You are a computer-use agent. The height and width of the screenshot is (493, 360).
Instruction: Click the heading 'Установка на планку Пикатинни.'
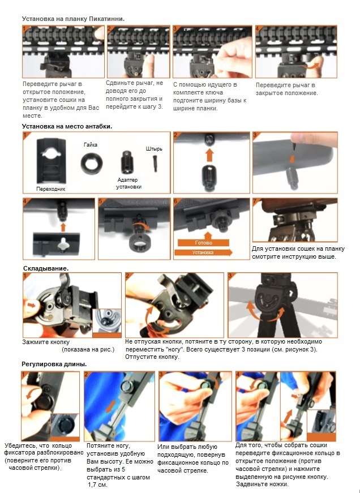[73, 19]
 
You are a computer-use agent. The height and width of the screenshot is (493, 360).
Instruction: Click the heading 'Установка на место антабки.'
[67, 126]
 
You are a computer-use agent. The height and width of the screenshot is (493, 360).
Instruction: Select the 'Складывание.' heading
[46, 268]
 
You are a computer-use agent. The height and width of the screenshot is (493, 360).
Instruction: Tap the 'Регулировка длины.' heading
[54, 365]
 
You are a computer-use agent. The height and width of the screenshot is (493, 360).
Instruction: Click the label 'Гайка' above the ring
[90, 145]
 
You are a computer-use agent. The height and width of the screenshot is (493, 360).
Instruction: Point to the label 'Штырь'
[154, 149]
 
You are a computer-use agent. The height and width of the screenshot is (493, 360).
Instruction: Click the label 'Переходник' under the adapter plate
[50, 189]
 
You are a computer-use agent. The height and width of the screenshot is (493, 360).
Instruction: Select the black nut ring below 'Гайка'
[92, 164]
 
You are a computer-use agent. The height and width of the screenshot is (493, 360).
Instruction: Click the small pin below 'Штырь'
[155, 164]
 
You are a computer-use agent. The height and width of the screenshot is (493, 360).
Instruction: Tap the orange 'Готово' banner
[203, 243]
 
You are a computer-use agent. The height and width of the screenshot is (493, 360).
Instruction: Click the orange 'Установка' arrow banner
[203, 252]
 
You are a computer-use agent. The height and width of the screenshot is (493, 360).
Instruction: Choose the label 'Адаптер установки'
[128, 183]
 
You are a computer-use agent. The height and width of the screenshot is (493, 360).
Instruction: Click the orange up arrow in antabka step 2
[209, 155]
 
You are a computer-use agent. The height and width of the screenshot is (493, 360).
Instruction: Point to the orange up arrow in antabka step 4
[63, 227]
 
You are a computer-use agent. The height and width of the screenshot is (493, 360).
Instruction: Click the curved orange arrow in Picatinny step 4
[312, 66]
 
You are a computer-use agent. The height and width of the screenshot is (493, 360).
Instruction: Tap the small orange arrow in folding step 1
[31, 305]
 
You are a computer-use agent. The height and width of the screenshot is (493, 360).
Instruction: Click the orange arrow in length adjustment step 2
[110, 408]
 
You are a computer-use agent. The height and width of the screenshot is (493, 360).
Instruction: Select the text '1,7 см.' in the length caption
[97, 485]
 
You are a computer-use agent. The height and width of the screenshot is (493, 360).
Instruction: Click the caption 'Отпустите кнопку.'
[152, 357]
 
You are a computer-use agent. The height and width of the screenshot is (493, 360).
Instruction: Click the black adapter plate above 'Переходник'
[51, 161]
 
